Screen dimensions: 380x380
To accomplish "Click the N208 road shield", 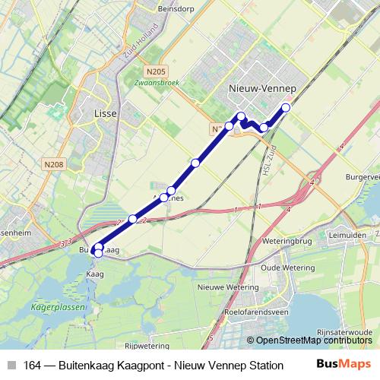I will tap(54, 163).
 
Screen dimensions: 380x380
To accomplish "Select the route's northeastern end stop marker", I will tap(286, 108).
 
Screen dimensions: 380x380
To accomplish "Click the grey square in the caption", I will tap(11, 365).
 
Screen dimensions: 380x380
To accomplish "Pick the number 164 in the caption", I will tap(33, 365).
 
